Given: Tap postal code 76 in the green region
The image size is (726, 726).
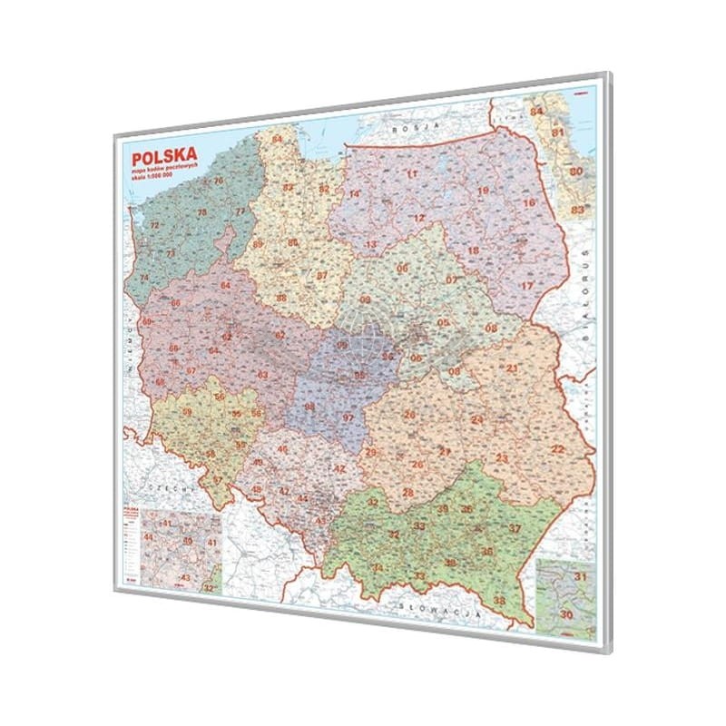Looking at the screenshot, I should [218, 181].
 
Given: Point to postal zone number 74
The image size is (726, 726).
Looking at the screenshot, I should [143, 278].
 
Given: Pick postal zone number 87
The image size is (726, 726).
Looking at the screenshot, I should [321, 275].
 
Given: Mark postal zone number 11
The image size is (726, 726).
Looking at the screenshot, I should [412, 174].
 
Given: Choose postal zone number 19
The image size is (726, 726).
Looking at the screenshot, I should [484, 191].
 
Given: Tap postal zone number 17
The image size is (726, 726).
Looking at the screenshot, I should [525, 286].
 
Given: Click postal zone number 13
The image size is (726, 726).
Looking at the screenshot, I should [370, 245].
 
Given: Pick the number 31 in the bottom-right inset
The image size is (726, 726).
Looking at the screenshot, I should [580, 577].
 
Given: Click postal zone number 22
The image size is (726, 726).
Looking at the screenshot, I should [558, 449].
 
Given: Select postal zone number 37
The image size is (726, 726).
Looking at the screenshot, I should [515, 528].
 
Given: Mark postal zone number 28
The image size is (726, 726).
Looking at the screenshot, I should [408, 493].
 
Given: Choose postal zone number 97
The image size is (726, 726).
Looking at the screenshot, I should [348, 417].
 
